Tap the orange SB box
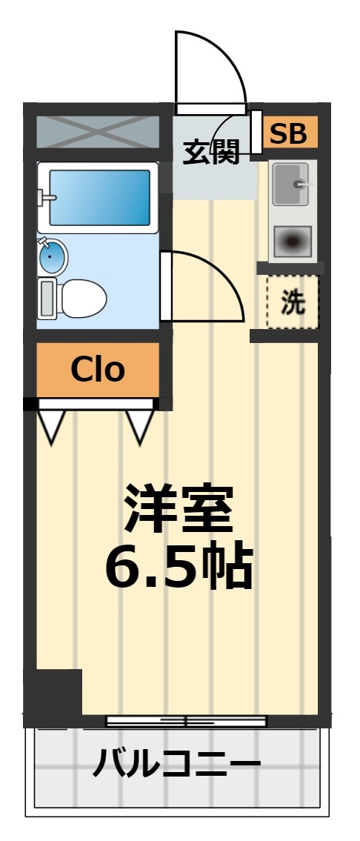click(x=288, y=134)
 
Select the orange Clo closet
click(x=98, y=368)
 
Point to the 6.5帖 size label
click(x=179, y=567)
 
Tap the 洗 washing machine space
click(x=293, y=302)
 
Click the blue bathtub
click(x=100, y=197)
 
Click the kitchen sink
click(x=291, y=184)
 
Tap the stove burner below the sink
click(x=292, y=241)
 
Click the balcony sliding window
click(x=186, y=720)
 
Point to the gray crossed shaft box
click(x=97, y=132)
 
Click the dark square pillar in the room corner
click(x=53, y=692)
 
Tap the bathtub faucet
click(x=46, y=198)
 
